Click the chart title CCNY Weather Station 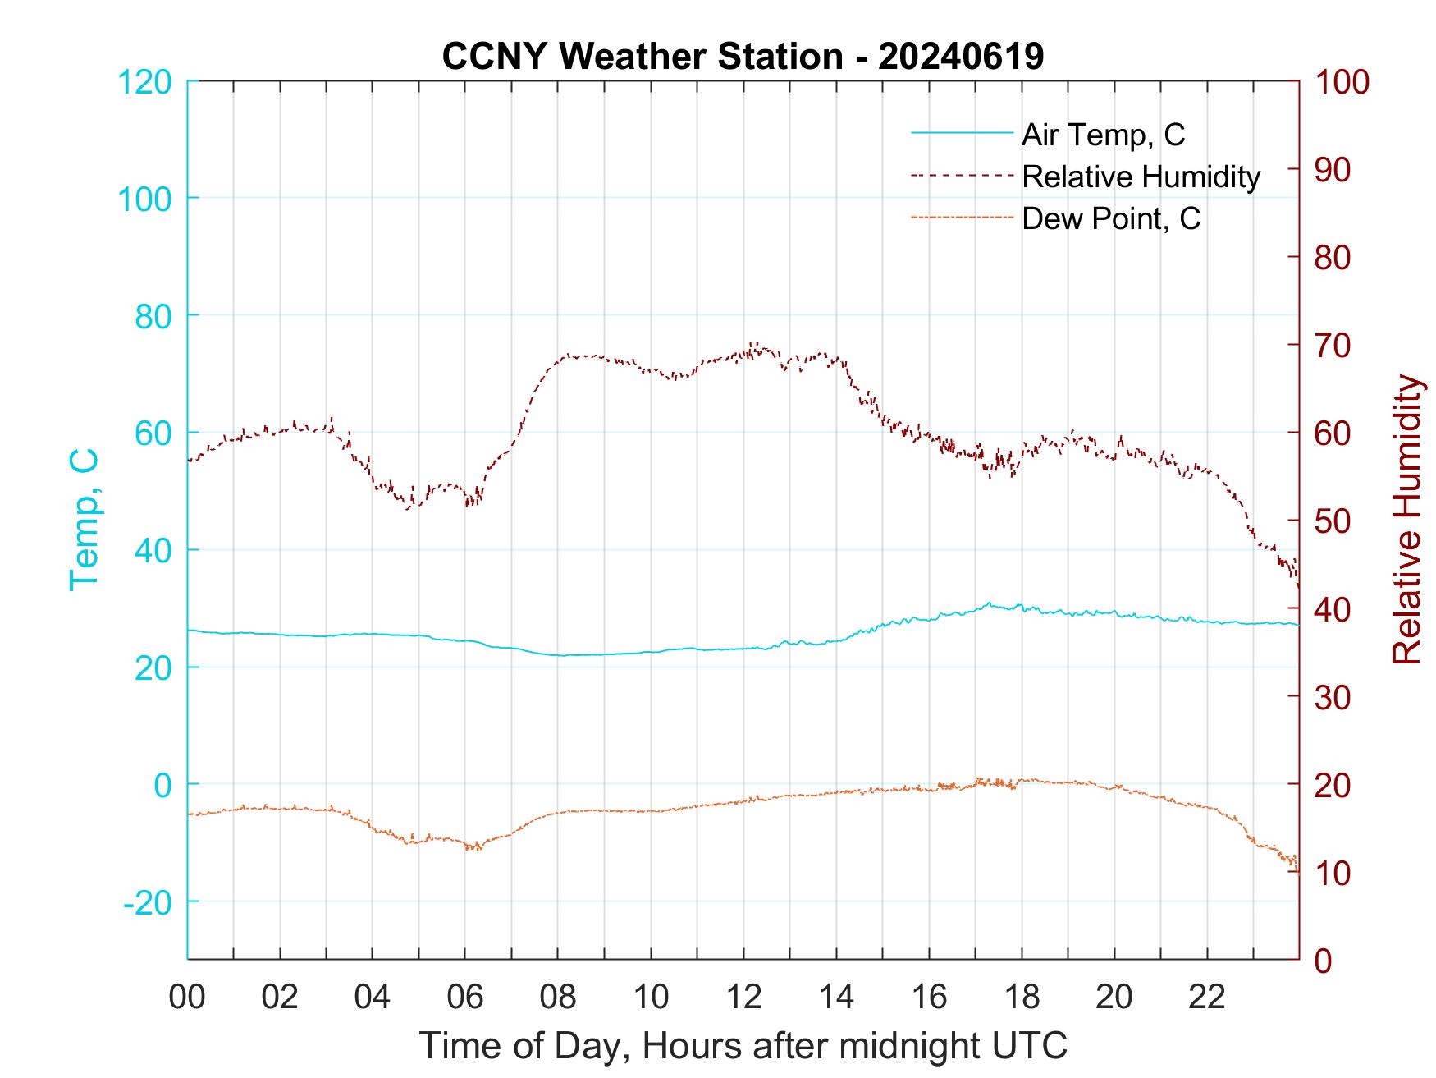click(743, 57)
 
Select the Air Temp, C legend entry click(1102, 135)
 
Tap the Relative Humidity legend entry click(1141, 177)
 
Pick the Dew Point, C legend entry click(1110, 219)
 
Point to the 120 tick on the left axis click(144, 82)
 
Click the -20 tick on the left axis click(148, 902)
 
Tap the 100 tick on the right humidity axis click(1342, 82)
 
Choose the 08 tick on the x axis click(558, 997)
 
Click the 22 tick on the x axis click(1207, 997)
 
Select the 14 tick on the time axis click(836, 997)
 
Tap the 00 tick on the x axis click(187, 997)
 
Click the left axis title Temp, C click(84, 519)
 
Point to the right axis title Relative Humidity click(1406, 519)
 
